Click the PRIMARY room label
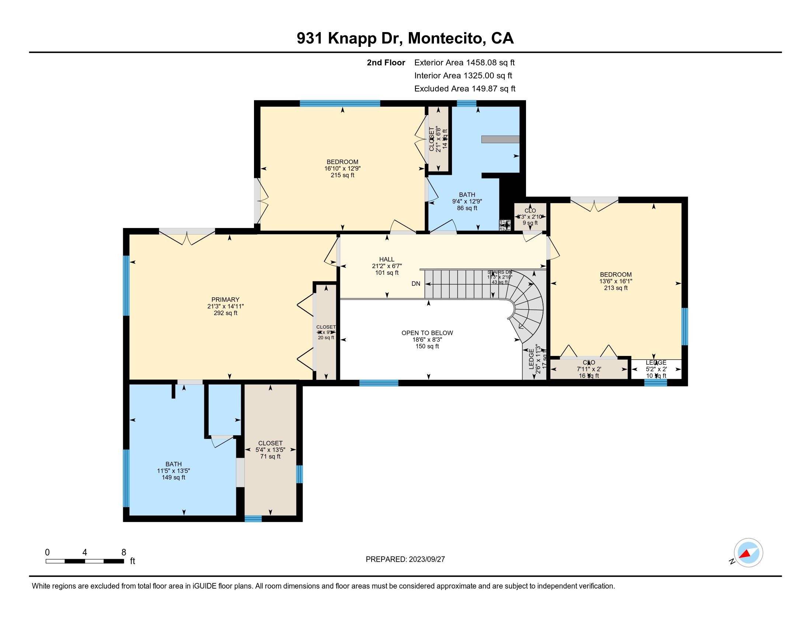(x=225, y=299)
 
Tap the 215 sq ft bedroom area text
(x=342, y=175)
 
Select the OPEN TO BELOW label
(x=427, y=333)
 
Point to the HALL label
(x=387, y=259)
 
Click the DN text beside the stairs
(x=416, y=284)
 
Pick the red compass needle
(x=745, y=554)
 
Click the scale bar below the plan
(x=85, y=561)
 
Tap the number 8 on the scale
(x=123, y=552)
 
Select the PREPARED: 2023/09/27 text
(x=405, y=559)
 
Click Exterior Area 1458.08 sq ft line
(x=464, y=62)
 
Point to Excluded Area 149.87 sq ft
(x=464, y=89)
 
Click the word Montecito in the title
(x=447, y=38)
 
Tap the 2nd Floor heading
(x=386, y=62)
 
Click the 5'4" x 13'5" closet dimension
(x=270, y=450)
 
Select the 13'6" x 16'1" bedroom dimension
(x=616, y=281)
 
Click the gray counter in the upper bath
(x=500, y=139)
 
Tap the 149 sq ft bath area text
(x=173, y=477)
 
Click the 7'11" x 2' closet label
(x=589, y=369)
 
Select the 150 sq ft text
(x=427, y=346)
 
